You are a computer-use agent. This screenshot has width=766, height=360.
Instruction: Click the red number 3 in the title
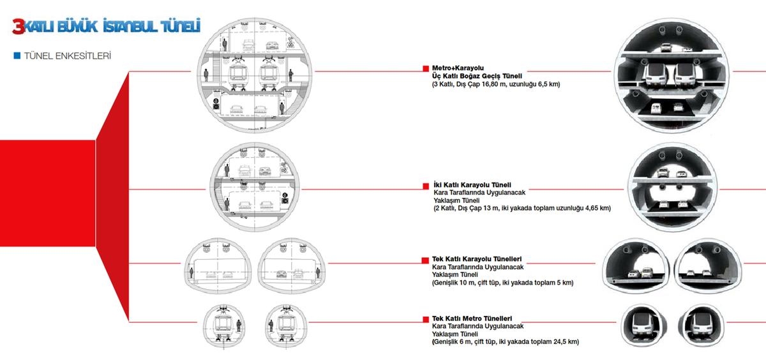tap(19, 27)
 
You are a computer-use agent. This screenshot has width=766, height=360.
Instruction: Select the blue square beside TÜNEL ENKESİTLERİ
tap(17, 56)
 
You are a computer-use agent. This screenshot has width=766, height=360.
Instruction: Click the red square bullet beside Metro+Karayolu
tap(426, 68)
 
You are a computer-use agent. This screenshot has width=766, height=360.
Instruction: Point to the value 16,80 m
tap(493, 84)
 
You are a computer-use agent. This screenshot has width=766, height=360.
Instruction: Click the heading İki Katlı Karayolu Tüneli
tap(472, 185)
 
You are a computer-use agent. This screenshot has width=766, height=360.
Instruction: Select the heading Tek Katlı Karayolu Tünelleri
tap(477, 259)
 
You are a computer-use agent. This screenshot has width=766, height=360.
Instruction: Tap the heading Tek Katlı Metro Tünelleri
tap(472, 319)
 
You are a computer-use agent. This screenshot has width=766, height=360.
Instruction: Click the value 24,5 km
tap(566, 341)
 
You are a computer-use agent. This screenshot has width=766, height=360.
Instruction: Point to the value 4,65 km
tap(597, 208)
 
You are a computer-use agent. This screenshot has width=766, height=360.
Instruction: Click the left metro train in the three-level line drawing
tap(239, 75)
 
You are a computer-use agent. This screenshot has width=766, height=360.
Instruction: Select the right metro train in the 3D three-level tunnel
tap(684, 75)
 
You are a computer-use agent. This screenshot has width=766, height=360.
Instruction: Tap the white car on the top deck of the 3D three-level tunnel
tap(666, 47)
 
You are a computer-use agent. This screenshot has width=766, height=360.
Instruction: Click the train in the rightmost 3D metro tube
tap(702, 325)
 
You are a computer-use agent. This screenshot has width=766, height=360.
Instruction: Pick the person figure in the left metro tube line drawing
tap(239, 325)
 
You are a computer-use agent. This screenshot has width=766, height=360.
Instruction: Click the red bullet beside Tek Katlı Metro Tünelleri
tap(426, 319)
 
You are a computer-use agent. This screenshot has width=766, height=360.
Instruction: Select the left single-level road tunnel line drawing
tap(218, 266)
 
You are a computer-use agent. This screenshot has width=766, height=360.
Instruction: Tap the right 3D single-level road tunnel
tap(708, 266)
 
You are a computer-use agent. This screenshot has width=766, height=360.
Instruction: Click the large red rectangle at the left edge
tap(47, 193)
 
